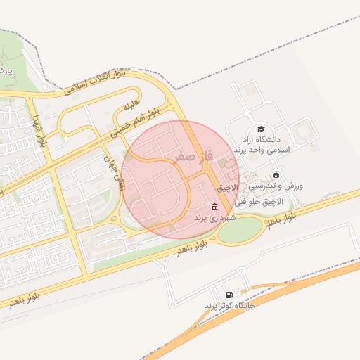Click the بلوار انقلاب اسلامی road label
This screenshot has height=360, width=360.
point(95,82)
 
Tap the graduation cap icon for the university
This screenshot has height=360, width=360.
point(261,129)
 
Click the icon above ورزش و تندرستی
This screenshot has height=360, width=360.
point(276,174)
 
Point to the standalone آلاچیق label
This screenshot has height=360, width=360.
point(228,188)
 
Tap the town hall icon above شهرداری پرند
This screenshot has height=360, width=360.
point(214,206)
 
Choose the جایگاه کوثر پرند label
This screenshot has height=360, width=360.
point(229,306)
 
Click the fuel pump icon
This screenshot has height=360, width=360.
point(229,295)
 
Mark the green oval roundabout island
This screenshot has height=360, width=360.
point(239,230)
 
